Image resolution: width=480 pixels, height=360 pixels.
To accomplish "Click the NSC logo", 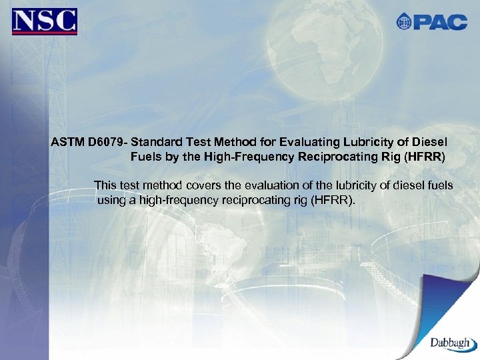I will [x=45, y=21].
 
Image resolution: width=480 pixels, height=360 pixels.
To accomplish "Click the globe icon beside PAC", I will [x=404, y=21].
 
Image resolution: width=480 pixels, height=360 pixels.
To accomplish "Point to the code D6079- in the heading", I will [x=107, y=143].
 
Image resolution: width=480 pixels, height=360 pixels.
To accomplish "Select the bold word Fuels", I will [x=145, y=158].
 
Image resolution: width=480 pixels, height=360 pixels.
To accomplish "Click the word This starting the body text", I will [x=106, y=185].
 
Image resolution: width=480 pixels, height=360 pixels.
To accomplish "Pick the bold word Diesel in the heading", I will [x=430, y=143].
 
